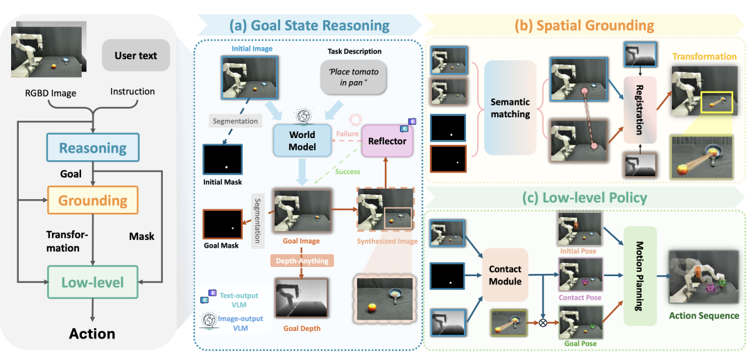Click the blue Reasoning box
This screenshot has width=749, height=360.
[93, 148]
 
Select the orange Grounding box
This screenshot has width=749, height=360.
[93, 200]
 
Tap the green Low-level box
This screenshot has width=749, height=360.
[93, 282]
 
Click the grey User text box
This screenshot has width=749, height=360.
[136, 55]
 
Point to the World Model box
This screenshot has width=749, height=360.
[302, 140]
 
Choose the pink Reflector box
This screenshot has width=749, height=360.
[388, 141]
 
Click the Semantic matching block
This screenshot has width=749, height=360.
[510, 108]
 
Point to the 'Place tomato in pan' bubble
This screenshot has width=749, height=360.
[352, 78]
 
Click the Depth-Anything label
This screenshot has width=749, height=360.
[302, 261]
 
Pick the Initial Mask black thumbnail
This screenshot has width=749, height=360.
[223, 159]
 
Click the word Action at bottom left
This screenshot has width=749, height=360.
[92, 333]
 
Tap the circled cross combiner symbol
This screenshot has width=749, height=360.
[542, 322]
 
